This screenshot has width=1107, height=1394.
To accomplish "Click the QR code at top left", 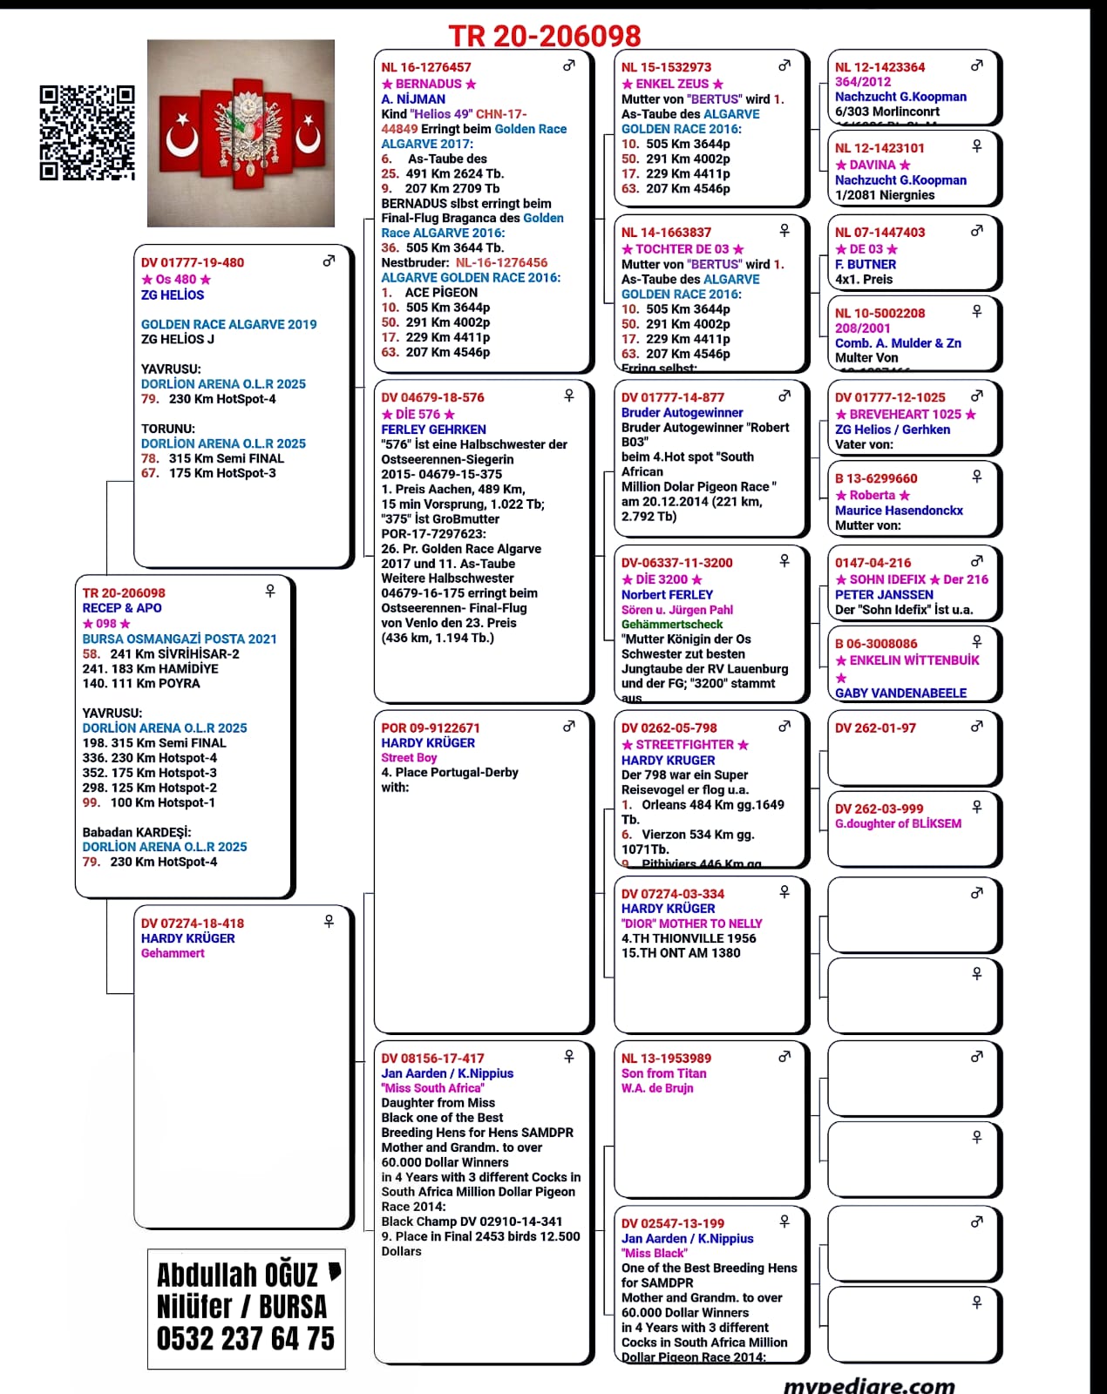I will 87,132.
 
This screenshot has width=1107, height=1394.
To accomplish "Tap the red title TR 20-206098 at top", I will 545,36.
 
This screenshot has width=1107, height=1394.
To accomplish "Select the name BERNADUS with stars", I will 429,84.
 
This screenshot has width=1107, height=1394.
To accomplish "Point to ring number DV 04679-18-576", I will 432,397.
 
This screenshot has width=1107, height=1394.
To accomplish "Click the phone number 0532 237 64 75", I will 246,1338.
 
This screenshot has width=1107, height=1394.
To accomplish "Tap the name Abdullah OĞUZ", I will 238,1276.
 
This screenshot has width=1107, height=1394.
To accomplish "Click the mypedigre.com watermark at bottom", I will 869,1384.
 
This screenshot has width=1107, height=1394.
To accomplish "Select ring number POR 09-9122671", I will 431,727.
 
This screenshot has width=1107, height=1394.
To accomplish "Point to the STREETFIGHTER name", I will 684,745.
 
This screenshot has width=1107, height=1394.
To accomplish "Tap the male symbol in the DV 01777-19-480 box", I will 329,261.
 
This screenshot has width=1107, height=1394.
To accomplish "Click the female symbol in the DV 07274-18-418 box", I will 329,921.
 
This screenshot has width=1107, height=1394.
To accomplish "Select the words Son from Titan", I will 664,1073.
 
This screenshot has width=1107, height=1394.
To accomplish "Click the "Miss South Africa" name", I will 432,1088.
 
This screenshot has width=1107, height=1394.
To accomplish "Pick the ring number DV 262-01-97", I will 875,727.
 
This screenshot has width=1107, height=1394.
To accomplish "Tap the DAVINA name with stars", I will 873,165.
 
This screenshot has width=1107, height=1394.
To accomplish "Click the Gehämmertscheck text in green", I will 672,624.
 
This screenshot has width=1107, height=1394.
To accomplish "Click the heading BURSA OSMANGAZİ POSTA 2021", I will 180,639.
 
